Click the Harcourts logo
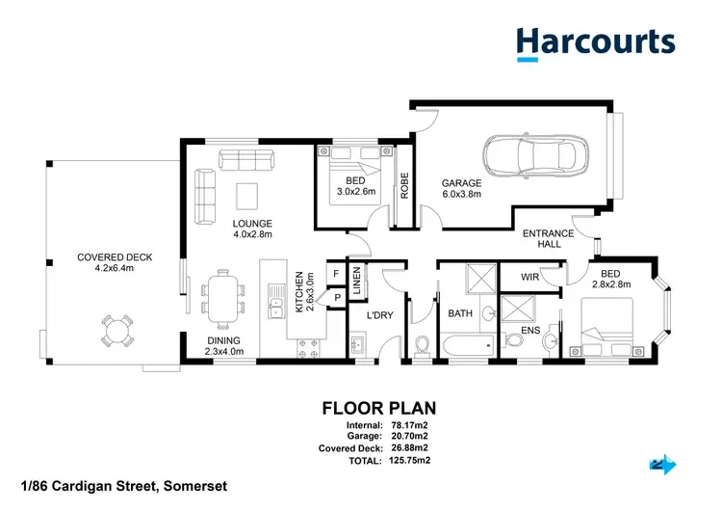point(595,43)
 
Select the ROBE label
point(404,185)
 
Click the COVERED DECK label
point(115,262)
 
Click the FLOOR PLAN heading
point(380,408)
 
